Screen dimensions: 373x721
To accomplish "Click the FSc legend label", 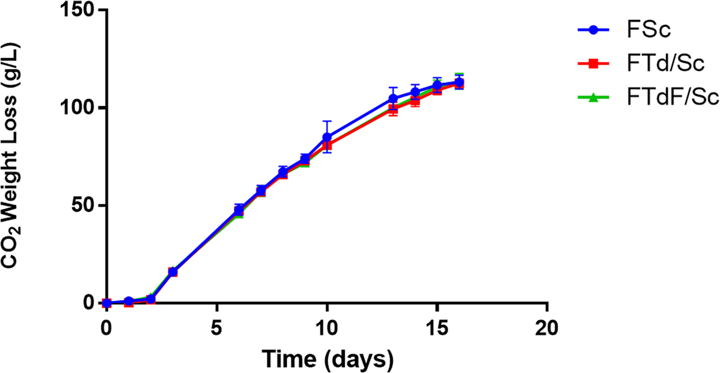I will tap(649, 29).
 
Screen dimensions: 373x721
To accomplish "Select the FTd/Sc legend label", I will tap(665, 63).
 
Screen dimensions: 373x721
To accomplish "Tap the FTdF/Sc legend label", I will tap(673, 97).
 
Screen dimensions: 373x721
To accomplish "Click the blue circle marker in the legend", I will tap(593, 30).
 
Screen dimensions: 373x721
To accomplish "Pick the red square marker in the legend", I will tap(593, 63).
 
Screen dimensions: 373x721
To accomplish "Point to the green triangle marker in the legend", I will tap(593, 97).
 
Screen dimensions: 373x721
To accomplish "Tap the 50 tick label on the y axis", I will tap(84, 205).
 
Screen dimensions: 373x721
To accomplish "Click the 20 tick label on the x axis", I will tap(547, 328).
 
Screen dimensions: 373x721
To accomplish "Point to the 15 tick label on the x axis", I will tap(437, 328).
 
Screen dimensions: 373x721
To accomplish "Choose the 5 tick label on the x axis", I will tap(216, 328).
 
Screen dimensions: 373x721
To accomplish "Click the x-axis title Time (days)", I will tap(327, 359).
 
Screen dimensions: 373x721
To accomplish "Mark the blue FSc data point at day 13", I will tap(393, 98).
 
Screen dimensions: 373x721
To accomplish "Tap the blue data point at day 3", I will tap(172, 272).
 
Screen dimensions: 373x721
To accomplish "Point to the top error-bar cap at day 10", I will tap(327, 121).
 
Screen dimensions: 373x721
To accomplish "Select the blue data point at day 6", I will tap(239, 210).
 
